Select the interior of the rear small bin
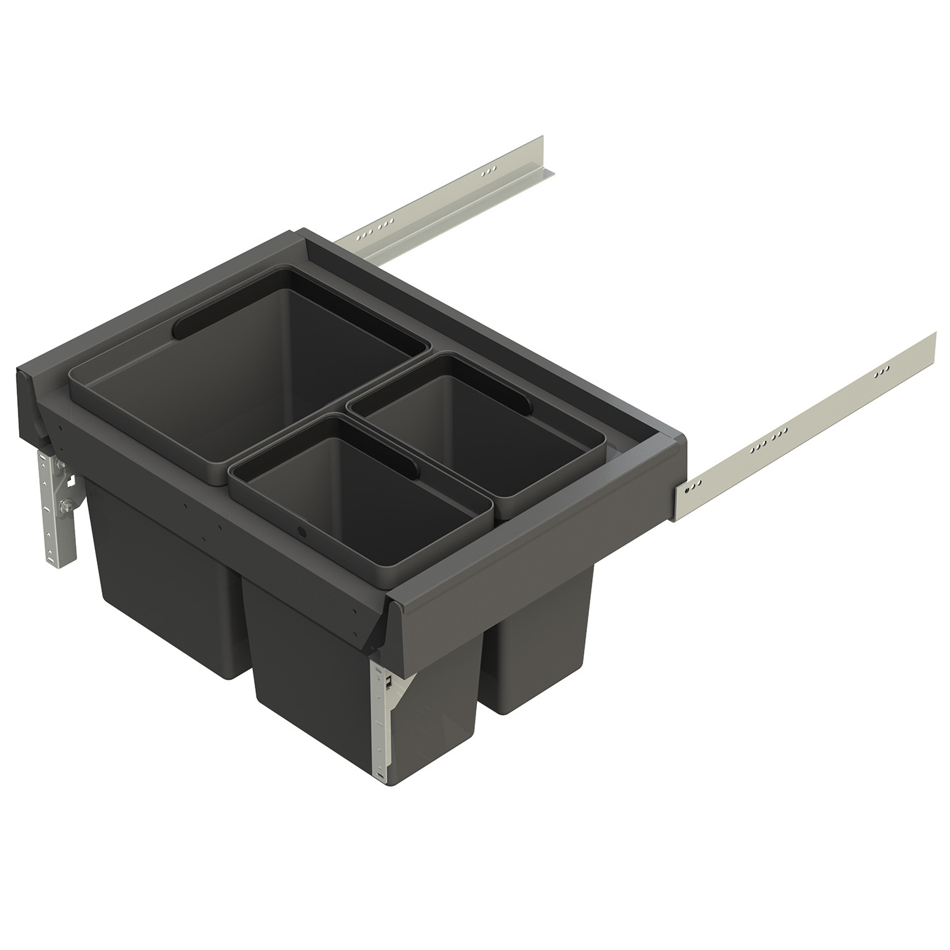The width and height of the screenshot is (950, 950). (x=488, y=437)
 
